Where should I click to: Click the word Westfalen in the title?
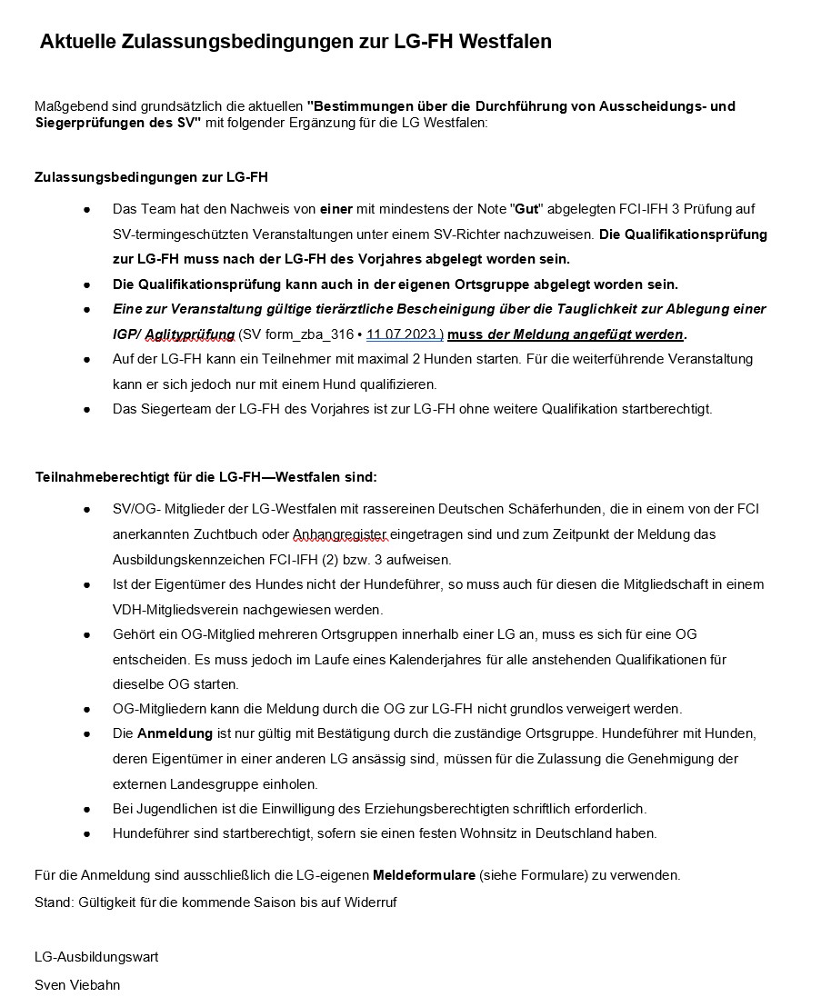pyautogui.click(x=506, y=42)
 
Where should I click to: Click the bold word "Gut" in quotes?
pyautogui.click(x=526, y=209)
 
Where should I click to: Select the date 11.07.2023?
pyautogui.click(x=404, y=334)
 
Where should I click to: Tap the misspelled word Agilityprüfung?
pyautogui.click(x=189, y=334)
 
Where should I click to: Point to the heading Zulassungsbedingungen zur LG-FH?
pyautogui.click(x=151, y=176)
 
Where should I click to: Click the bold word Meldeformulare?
pyautogui.click(x=424, y=875)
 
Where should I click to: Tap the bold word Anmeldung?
pyautogui.click(x=175, y=733)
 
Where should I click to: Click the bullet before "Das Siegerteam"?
pyautogui.click(x=87, y=409)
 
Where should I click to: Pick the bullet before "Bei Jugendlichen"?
pyautogui.click(x=87, y=808)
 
